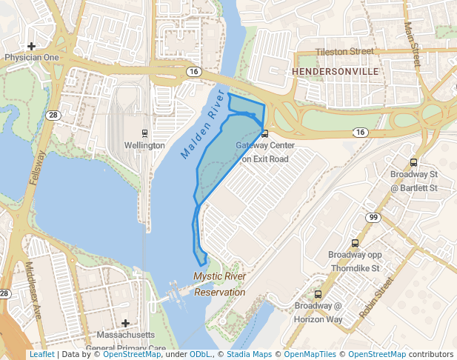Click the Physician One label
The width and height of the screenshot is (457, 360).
pyautogui.click(x=31, y=57)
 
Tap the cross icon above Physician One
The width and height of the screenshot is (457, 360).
pyautogui.click(x=31, y=46)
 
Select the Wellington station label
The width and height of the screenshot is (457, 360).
pyautogui.click(x=144, y=146)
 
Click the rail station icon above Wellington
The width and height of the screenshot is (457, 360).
pyautogui.click(x=144, y=134)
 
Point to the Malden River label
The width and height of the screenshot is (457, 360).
pyautogui.click(x=202, y=124)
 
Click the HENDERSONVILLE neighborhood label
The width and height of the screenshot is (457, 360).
pyautogui.click(x=336, y=71)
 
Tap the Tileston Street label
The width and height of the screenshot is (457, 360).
pyautogui.click(x=344, y=52)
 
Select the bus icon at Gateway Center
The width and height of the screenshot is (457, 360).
pyautogui.click(x=265, y=133)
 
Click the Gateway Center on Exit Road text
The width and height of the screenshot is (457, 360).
pyautogui.click(x=262, y=152)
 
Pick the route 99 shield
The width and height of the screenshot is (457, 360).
pyautogui.click(x=373, y=216)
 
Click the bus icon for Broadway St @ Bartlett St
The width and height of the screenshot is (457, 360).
pyautogui.click(x=413, y=163)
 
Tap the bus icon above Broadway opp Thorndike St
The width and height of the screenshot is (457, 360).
pyautogui.click(x=355, y=243)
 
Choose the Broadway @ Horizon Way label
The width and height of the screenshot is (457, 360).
pyautogui.click(x=318, y=312)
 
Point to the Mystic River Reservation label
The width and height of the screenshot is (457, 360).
pyautogui.click(x=219, y=284)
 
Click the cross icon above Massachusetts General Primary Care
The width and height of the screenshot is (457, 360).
pyautogui.click(x=126, y=323)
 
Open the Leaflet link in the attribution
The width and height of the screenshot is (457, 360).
pyautogui.click(x=41, y=355)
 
